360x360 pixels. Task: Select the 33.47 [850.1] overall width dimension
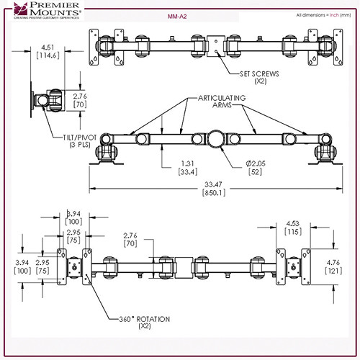[x=213, y=189]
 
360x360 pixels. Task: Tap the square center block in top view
[x=215, y=45]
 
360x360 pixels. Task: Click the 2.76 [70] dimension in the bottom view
[x=130, y=240]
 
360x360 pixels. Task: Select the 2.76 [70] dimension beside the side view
[x=79, y=99]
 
